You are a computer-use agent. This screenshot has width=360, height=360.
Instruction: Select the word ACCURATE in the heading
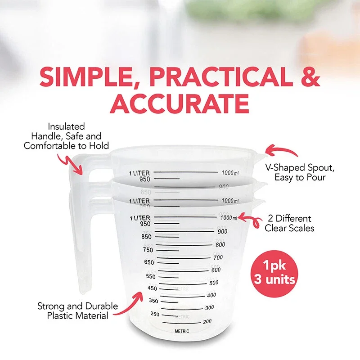pos(180,104)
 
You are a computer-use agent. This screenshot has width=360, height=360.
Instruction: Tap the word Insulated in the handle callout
pos(66,127)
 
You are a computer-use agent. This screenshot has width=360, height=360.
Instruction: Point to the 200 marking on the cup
pos(207,321)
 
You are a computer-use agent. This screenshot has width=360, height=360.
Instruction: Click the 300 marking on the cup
pos(209,308)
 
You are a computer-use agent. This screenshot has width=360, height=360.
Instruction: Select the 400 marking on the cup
pos(211,295)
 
